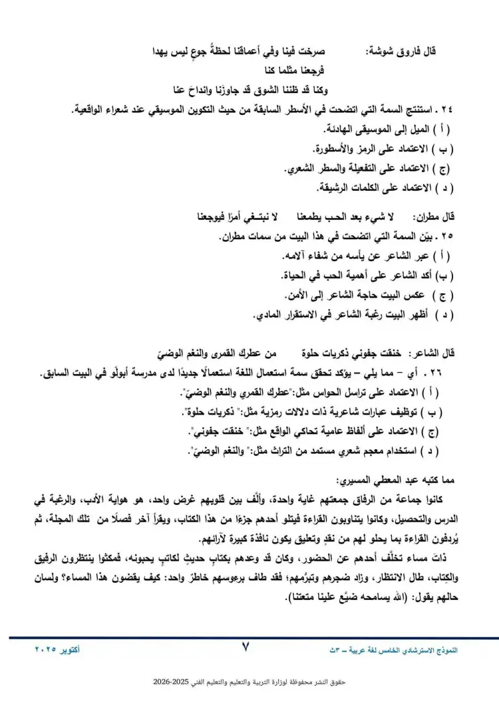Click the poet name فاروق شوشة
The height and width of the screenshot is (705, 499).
coord(399,51)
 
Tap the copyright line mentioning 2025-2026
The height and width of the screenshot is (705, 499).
coord(249,682)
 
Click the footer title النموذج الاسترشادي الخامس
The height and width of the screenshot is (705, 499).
coord(413,648)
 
